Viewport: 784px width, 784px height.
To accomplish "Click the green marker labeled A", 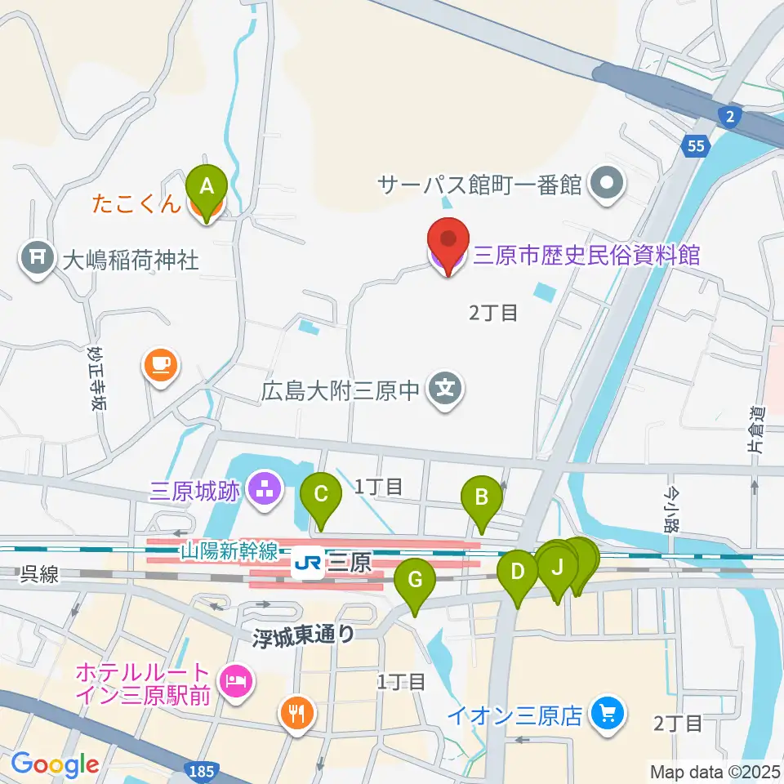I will (207, 187).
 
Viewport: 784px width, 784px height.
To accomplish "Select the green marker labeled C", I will (320, 496).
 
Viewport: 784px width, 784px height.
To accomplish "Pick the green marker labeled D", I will (517, 572).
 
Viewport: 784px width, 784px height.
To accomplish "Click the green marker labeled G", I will (415, 582).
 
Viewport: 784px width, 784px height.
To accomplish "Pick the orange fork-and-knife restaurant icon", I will (295, 714).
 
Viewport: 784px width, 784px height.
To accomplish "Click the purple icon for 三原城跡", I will (264, 492).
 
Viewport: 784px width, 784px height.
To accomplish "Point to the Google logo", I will (55, 764).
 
